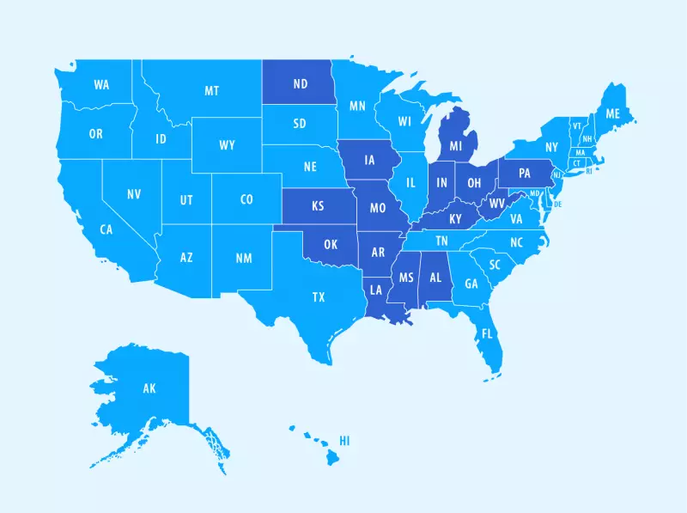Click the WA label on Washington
[x=101, y=85]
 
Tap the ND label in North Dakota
[x=301, y=84]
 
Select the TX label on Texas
[x=319, y=297]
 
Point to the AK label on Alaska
[x=149, y=389]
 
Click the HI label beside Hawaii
[x=344, y=441]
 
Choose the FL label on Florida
[x=487, y=333]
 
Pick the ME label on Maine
[x=612, y=114]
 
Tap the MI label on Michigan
[x=456, y=147]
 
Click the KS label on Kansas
[x=318, y=207]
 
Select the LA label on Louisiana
[x=376, y=290]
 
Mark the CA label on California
[x=106, y=229]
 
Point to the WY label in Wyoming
[x=227, y=145]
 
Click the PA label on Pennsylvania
[x=526, y=173]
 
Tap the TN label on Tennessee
[x=441, y=241]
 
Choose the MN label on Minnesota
[x=357, y=107]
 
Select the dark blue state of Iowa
[x=369, y=160]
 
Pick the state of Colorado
[x=246, y=200]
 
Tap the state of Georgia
[x=471, y=284]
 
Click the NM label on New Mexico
[x=244, y=258]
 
